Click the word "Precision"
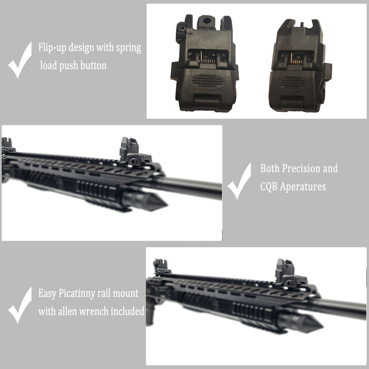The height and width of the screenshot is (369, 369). coord(301,168)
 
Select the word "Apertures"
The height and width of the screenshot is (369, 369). coord(303,187)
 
